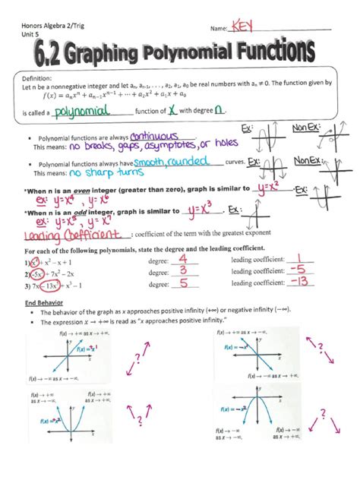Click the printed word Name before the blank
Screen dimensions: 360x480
[217, 28]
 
